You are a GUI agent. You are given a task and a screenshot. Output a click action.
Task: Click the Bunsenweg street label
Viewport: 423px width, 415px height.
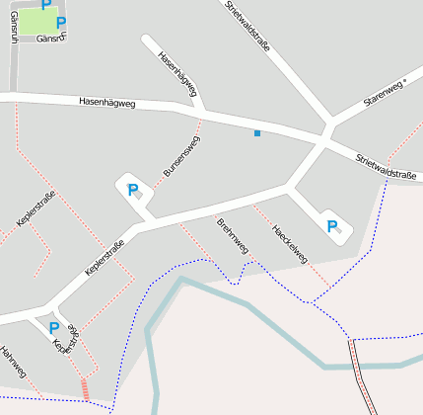[x=181, y=156]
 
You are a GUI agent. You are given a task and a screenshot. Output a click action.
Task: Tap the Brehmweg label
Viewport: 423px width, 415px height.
[x=233, y=235]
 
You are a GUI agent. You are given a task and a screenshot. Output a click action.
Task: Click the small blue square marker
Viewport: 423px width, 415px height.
[x=257, y=132]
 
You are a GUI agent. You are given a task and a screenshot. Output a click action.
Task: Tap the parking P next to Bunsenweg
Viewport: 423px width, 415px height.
[x=132, y=189]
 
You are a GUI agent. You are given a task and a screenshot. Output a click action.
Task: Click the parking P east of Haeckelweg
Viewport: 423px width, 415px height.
[x=332, y=226]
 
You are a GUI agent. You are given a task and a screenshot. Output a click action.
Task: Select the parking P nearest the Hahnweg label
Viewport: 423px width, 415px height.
[x=53, y=327]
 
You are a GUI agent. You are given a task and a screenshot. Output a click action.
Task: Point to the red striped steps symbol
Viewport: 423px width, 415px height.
[x=85, y=389]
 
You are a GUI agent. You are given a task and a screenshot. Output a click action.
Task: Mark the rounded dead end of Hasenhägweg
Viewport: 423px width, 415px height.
[x=147, y=41]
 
